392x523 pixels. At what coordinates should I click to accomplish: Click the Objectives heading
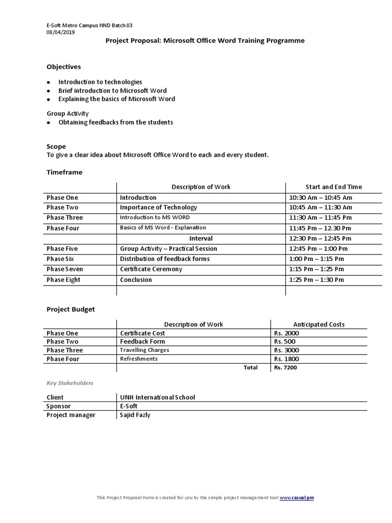click(x=63, y=67)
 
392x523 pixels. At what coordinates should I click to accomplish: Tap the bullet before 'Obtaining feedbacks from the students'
click(x=48, y=123)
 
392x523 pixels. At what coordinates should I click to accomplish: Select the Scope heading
click(x=56, y=147)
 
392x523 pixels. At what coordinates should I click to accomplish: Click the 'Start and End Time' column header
click(x=333, y=187)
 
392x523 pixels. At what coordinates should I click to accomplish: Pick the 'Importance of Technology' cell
click(x=158, y=207)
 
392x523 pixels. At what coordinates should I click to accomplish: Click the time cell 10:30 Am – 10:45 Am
click(x=321, y=198)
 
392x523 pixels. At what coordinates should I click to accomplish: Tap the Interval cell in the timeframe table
click(x=201, y=239)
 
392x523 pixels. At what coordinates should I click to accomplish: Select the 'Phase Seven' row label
click(x=65, y=269)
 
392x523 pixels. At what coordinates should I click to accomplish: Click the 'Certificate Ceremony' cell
click(x=151, y=269)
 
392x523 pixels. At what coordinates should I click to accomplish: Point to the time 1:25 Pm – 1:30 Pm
click(x=316, y=280)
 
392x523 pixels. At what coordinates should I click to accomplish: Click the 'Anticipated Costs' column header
click(x=318, y=324)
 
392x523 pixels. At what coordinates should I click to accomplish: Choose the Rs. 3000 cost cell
click(x=286, y=350)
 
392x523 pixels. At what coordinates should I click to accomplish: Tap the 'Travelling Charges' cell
click(x=144, y=350)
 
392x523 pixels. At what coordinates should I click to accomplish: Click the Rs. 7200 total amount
click(x=285, y=367)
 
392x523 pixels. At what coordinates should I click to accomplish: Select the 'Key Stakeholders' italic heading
click(x=70, y=383)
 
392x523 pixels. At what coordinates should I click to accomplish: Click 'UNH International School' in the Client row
click(x=157, y=397)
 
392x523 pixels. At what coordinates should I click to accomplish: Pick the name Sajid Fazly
click(x=135, y=415)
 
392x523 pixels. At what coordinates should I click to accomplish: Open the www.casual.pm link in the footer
click(x=297, y=498)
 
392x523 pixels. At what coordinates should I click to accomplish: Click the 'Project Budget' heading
click(x=70, y=309)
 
